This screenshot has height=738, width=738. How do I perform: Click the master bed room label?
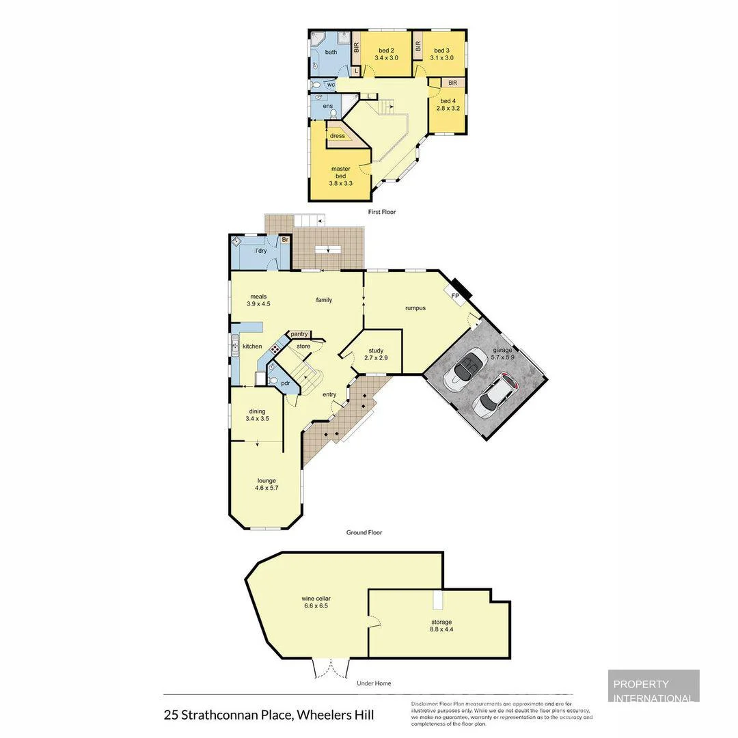point(340,172)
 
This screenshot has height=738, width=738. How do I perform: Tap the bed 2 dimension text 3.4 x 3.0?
point(386,58)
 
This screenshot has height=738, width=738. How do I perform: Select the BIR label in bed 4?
point(452,83)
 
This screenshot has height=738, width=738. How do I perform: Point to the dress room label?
point(337,136)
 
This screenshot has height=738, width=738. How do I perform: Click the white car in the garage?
point(497,396)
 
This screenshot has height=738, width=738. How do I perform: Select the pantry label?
point(299,334)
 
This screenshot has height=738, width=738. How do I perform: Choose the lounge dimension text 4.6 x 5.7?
point(266,489)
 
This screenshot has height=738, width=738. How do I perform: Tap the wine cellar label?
point(316,599)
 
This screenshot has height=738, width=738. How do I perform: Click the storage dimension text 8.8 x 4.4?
point(441,630)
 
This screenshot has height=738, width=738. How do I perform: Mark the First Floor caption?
point(381,212)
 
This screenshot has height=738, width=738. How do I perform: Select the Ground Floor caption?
point(364,532)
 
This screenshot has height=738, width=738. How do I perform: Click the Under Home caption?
point(374,683)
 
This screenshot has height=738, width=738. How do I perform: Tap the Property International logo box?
point(653,686)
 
